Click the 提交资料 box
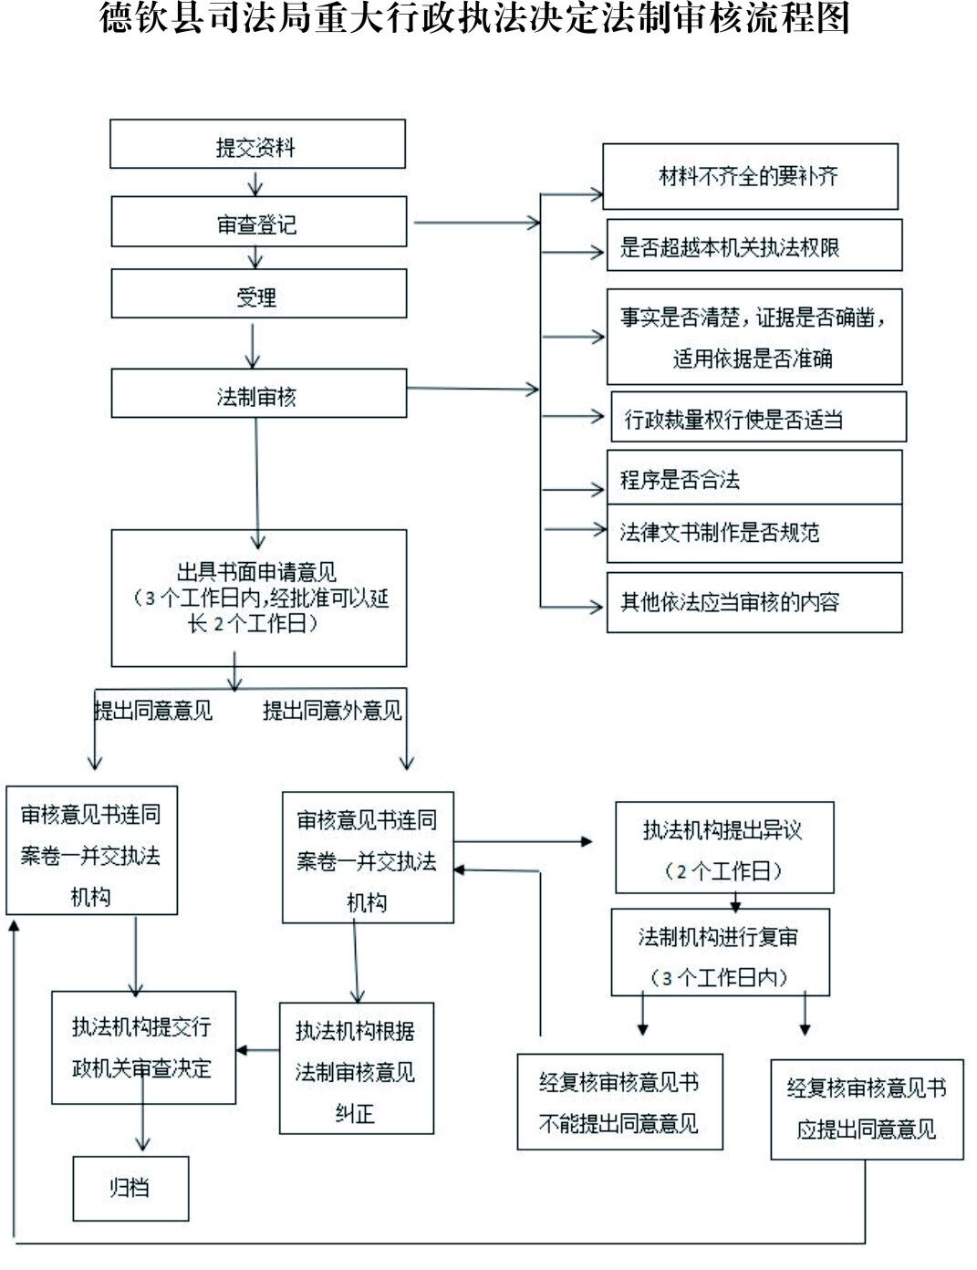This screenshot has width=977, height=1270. (257, 144)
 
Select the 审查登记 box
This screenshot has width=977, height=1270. (258, 222)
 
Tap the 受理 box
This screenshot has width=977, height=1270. (258, 295)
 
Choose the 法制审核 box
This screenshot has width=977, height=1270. (258, 394)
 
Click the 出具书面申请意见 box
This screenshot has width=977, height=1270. (258, 599)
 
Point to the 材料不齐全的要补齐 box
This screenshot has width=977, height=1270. (750, 176)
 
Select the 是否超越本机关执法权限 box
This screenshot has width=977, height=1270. (754, 245)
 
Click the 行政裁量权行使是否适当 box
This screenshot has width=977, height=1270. (758, 418)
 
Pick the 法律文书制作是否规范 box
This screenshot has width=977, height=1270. (754, 533)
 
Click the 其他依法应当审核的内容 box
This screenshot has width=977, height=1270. (754, 602)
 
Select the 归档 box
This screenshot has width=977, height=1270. (130, 1188)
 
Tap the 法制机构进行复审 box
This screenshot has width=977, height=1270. (720, 952)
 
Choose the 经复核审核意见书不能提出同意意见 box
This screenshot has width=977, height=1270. (619, 1102)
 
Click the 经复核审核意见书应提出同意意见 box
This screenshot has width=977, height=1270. (867, 1109)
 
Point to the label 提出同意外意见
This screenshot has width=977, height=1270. (332, 710)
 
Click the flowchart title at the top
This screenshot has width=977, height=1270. (474, 18)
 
